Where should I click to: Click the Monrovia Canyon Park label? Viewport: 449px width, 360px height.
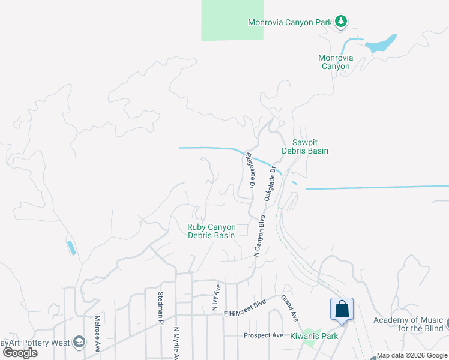(290, 22)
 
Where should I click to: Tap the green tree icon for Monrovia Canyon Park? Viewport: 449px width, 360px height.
(341, 22)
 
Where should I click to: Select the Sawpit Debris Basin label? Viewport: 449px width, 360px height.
(310, 146)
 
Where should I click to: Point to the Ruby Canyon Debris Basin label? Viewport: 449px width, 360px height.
(211, 231)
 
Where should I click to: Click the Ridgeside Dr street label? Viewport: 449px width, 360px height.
(250, 170)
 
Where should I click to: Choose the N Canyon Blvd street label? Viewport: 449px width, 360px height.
(259, 236)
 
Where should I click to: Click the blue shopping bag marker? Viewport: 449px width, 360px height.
(342, 310)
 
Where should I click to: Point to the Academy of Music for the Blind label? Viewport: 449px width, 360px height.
(408, 324)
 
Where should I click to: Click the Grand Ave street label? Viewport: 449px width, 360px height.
(290, 307)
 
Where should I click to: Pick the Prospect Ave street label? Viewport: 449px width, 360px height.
(263, 335)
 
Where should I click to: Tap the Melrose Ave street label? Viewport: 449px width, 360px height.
(97, 333)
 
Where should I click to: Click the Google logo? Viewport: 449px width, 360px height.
(20, 353)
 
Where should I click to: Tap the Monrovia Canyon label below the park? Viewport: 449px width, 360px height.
(336, 62)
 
